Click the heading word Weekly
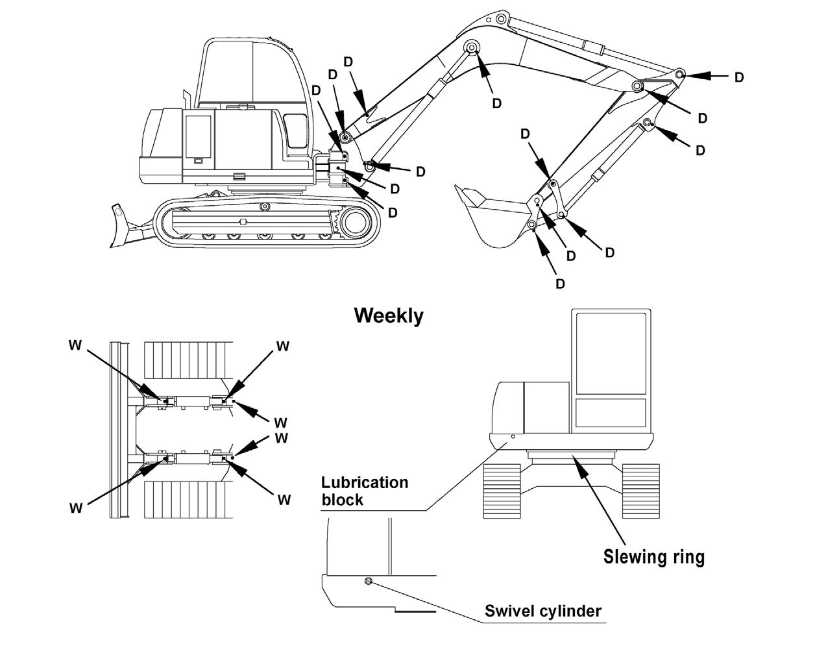[389, 317]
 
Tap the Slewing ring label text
[653, 557]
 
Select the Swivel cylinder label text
[543, 611]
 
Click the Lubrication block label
[365, 491]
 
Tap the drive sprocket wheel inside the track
[353, 223]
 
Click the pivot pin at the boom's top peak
[501, 18]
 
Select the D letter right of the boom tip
[738, 78]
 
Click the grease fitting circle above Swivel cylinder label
[368, 581]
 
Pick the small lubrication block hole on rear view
[513, 437]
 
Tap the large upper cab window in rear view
[611, 354]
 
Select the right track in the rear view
[641, 491]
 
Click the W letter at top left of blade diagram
[75, 345]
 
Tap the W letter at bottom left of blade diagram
[76, 508]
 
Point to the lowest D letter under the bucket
[560, 284]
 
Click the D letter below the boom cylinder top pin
[496, 103]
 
